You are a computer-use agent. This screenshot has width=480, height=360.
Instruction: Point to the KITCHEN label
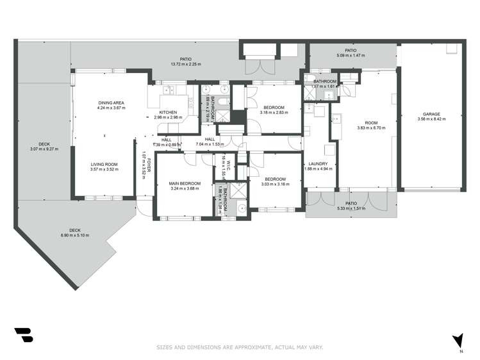(x=169, y=113)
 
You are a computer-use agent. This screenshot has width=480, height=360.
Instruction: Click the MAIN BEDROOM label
(x=185, y=184)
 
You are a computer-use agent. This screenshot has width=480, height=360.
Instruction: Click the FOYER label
(x=149, y=166)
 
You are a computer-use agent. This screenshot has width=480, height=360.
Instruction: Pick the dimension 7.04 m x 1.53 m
(x=209, y=145)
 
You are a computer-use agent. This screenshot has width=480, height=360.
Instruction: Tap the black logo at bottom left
(x=23, y=335)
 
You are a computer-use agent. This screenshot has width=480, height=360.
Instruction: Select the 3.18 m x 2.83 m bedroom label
(x=274, y=113)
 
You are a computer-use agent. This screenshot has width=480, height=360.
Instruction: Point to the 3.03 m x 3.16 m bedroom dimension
(x=275, y=184)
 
